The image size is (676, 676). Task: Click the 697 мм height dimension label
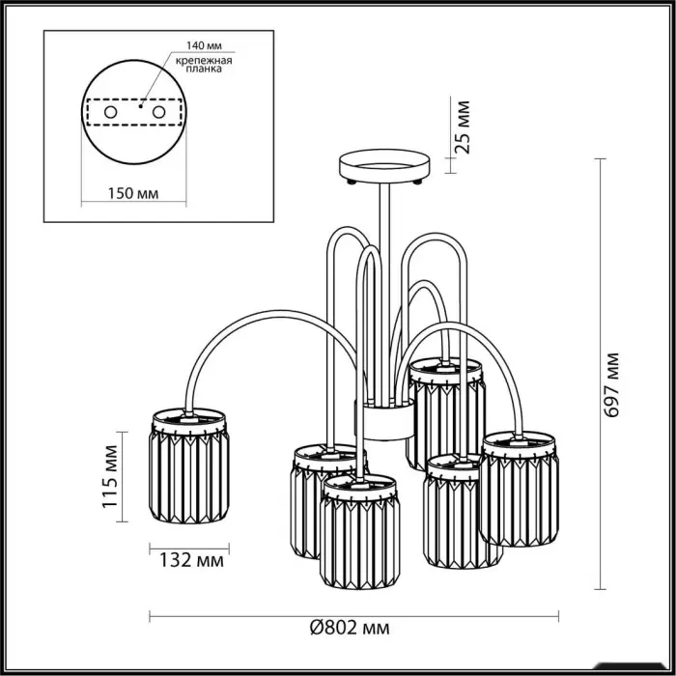611,384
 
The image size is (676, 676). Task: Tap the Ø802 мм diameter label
350,628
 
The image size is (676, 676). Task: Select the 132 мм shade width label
191,560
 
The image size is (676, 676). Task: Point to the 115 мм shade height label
110,476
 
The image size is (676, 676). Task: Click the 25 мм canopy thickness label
463,127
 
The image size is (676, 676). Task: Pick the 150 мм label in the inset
133,193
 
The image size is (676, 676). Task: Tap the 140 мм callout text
204,45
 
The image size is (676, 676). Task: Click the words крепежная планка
204,65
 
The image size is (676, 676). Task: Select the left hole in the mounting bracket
110,113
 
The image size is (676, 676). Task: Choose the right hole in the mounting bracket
158,113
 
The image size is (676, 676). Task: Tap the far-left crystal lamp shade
189,465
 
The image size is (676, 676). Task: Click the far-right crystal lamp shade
519,489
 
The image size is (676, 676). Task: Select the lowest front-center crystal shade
359,531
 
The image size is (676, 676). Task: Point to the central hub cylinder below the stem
383,420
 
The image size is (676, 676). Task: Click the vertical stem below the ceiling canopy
384,294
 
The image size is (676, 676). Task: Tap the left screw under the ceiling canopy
352,183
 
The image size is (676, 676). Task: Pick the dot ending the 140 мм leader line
141,105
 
